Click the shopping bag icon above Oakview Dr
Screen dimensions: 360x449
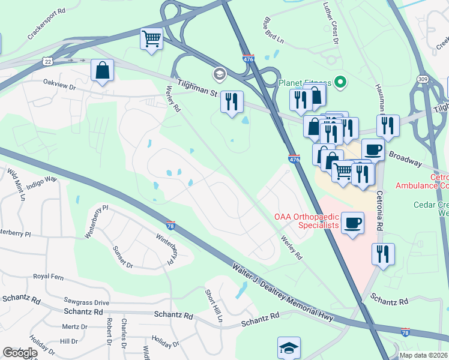click(x=103, y=70)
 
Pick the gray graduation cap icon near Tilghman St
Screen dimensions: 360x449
click(x=219, y=74)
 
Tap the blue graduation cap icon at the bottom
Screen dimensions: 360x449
click(x=289, y=348)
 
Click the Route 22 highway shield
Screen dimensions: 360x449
click(x=47, y=61)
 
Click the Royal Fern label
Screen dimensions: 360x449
click(x=49, y=277)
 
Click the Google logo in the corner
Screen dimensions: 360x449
click(x=19, y=353)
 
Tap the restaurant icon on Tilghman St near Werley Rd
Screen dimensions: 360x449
click(x=231, y=101)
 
